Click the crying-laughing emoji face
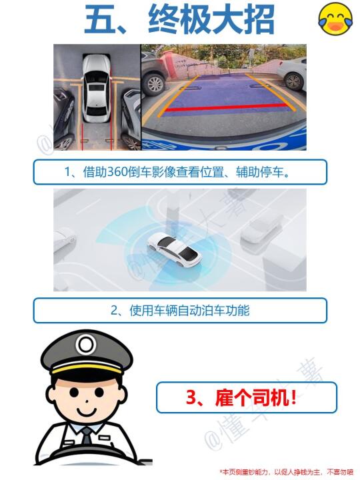336,18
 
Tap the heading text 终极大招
211,19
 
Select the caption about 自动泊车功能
180,311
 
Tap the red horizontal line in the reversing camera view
227,108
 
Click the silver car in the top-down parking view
96,88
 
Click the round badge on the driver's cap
86,345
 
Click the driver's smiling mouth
87,410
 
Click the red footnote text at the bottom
286,472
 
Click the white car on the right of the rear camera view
293,73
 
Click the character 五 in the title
99,19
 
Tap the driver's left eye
73,391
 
